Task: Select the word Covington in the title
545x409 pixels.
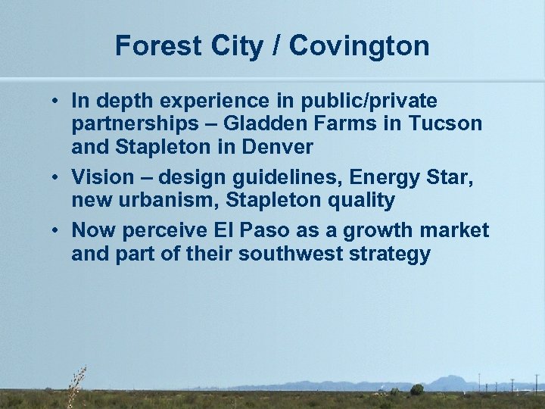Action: (x=359, y=46)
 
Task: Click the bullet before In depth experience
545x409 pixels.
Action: (x=57, y=100)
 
